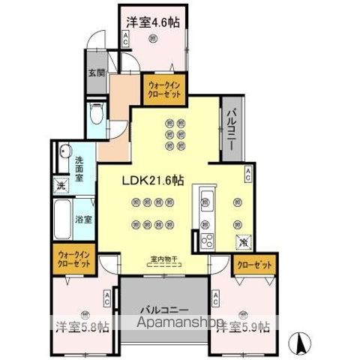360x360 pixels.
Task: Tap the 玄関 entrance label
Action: [x=95, y=72]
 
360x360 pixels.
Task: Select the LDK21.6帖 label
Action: [x=157, y=181]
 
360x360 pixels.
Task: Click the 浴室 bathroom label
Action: [x=82, y=220]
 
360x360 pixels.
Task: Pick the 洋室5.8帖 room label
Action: [x=82, y=327]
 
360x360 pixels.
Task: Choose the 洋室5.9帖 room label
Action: [x=241, y=327]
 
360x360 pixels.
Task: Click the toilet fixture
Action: [x=96, y=114]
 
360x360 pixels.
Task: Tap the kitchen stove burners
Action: [x=206, y=241]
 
